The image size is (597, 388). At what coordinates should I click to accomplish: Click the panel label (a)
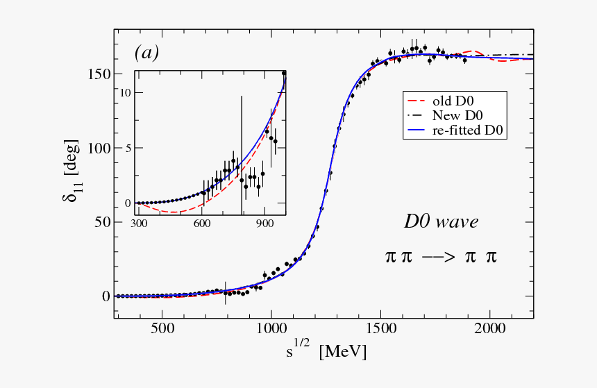(x=147, y=53)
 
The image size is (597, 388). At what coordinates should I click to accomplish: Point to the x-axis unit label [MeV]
(x=342, y=352)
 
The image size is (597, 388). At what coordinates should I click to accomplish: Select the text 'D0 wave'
(x=441, y=221)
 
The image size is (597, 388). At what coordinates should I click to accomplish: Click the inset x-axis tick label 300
(x=140, y=223)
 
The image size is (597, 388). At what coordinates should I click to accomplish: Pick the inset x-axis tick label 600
(x=202, y=223)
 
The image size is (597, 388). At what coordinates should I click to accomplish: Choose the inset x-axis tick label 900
(x=264, y=223)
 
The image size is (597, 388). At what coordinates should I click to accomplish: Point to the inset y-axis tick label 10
(x=125, y=92)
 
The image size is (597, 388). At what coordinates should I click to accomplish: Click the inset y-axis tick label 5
(x=128, y=148)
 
